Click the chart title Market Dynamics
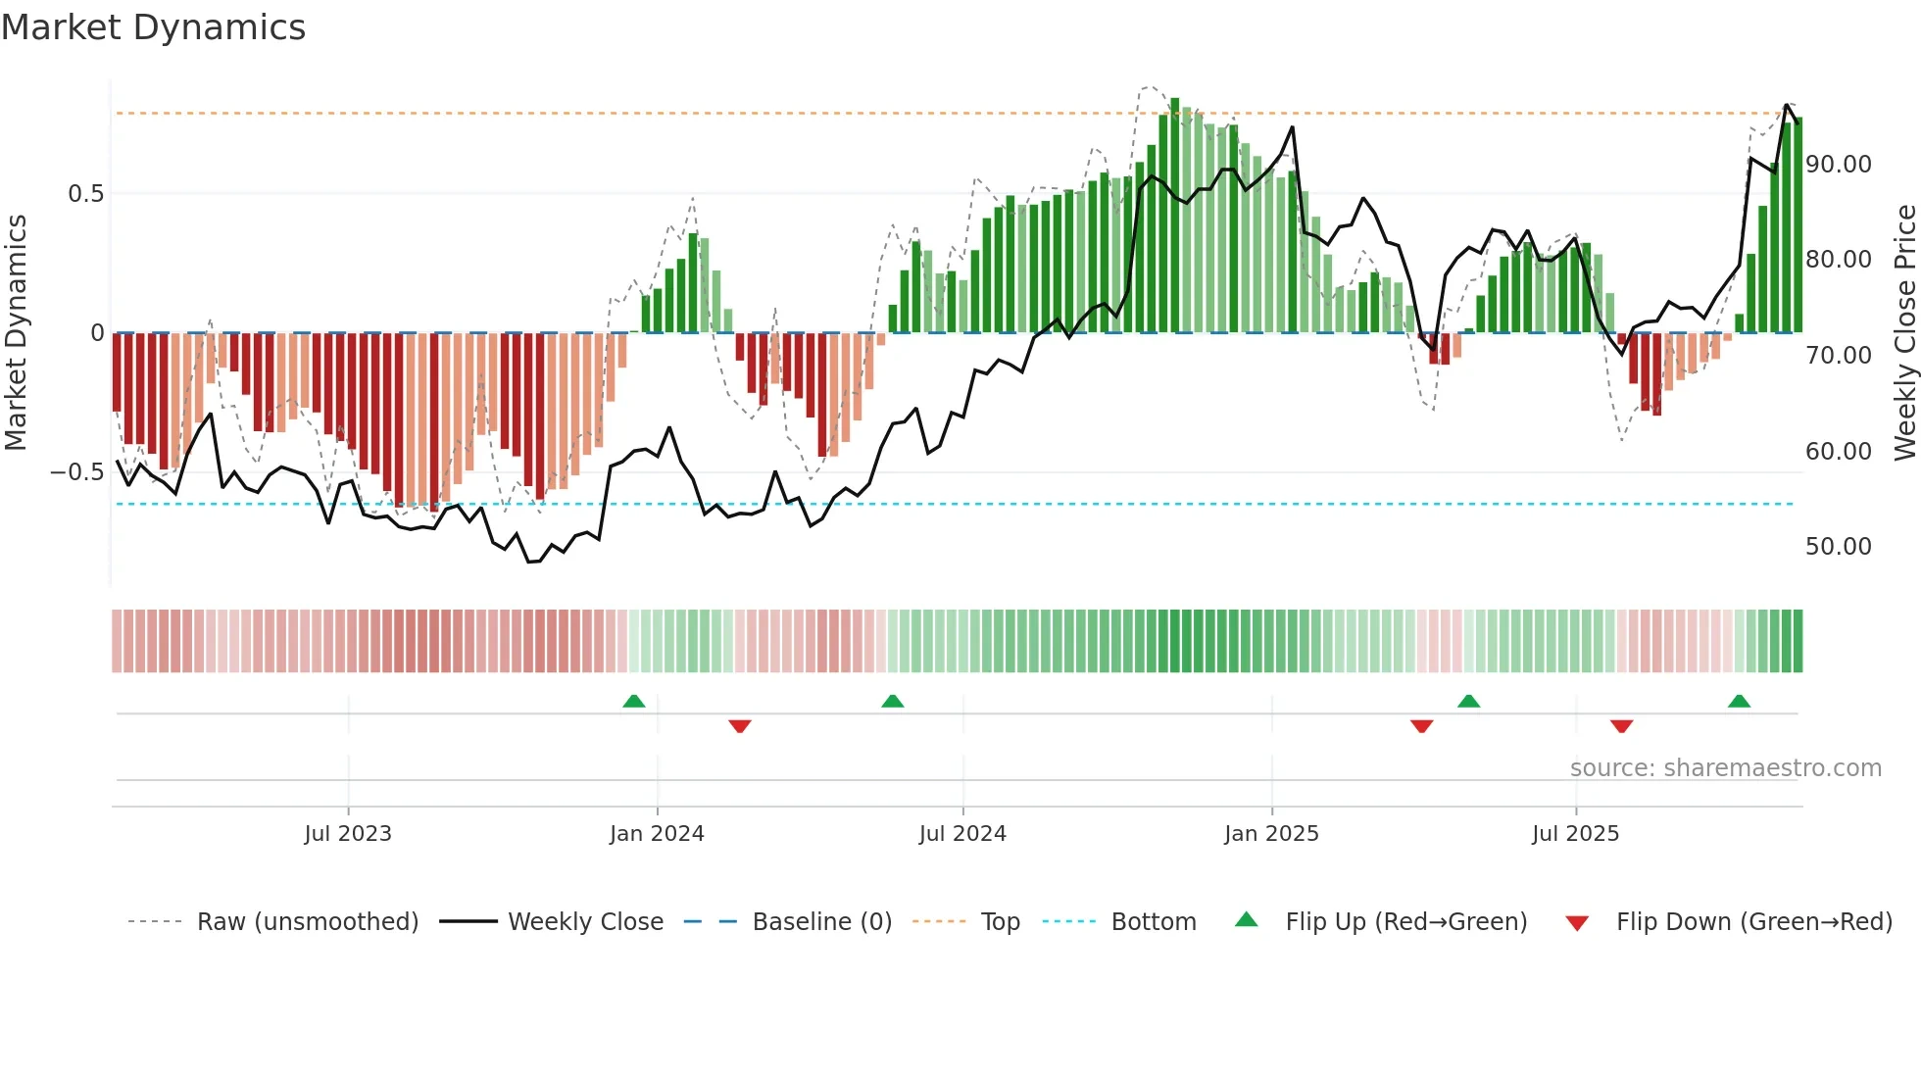153,27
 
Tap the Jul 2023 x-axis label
348,834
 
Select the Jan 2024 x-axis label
657,834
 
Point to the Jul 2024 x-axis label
962,834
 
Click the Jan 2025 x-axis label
1271,834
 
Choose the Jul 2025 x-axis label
1575,834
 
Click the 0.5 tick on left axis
85,194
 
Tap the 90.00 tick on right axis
1839,165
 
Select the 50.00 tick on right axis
1839,547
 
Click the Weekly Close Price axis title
1904,333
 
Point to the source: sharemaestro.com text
1725,768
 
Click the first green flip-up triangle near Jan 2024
634,701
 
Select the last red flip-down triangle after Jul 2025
1621,726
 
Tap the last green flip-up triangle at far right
1739,701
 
